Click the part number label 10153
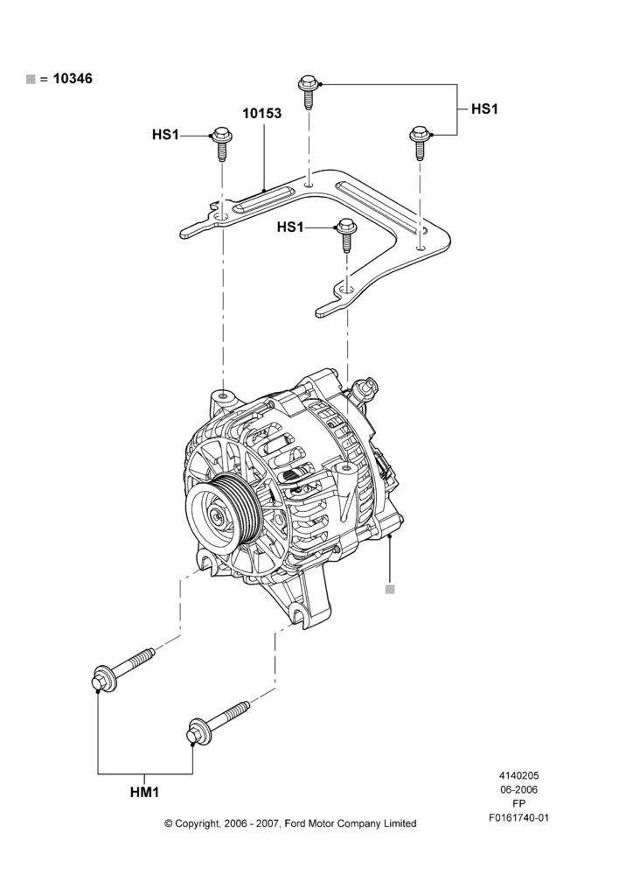click(261, 113)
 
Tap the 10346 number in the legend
click(73, 79)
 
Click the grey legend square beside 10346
click(31, 80)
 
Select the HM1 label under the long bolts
click(145, 792)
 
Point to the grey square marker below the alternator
click(390, 589)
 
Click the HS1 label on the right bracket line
click(484, 108)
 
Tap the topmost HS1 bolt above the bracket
click(307, 92)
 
